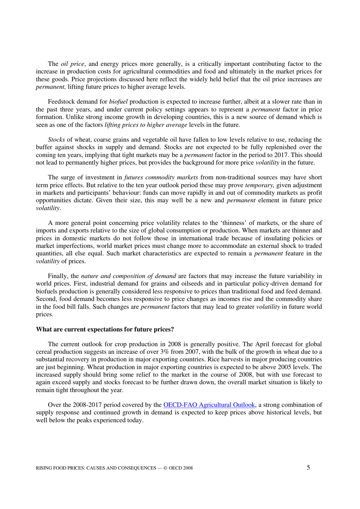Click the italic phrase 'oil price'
tap(72, 64)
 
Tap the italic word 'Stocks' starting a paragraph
tap(56, 140)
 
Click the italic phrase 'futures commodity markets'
tap(161, 178)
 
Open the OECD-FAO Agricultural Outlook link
tap(209, 405)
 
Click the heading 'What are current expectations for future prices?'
tap(105, 329)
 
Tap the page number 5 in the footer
tap(308, 467)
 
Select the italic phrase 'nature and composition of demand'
tap(128, 276)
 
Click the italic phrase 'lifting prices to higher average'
tap(146, 125)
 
